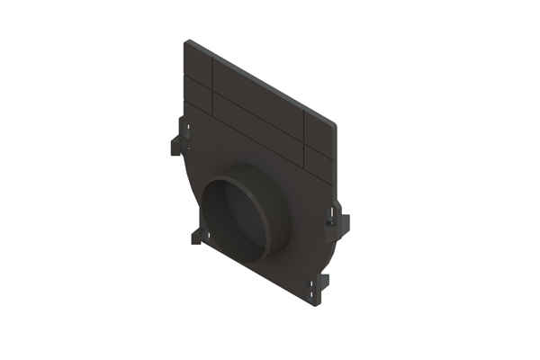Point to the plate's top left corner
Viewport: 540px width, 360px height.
(187, 41)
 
